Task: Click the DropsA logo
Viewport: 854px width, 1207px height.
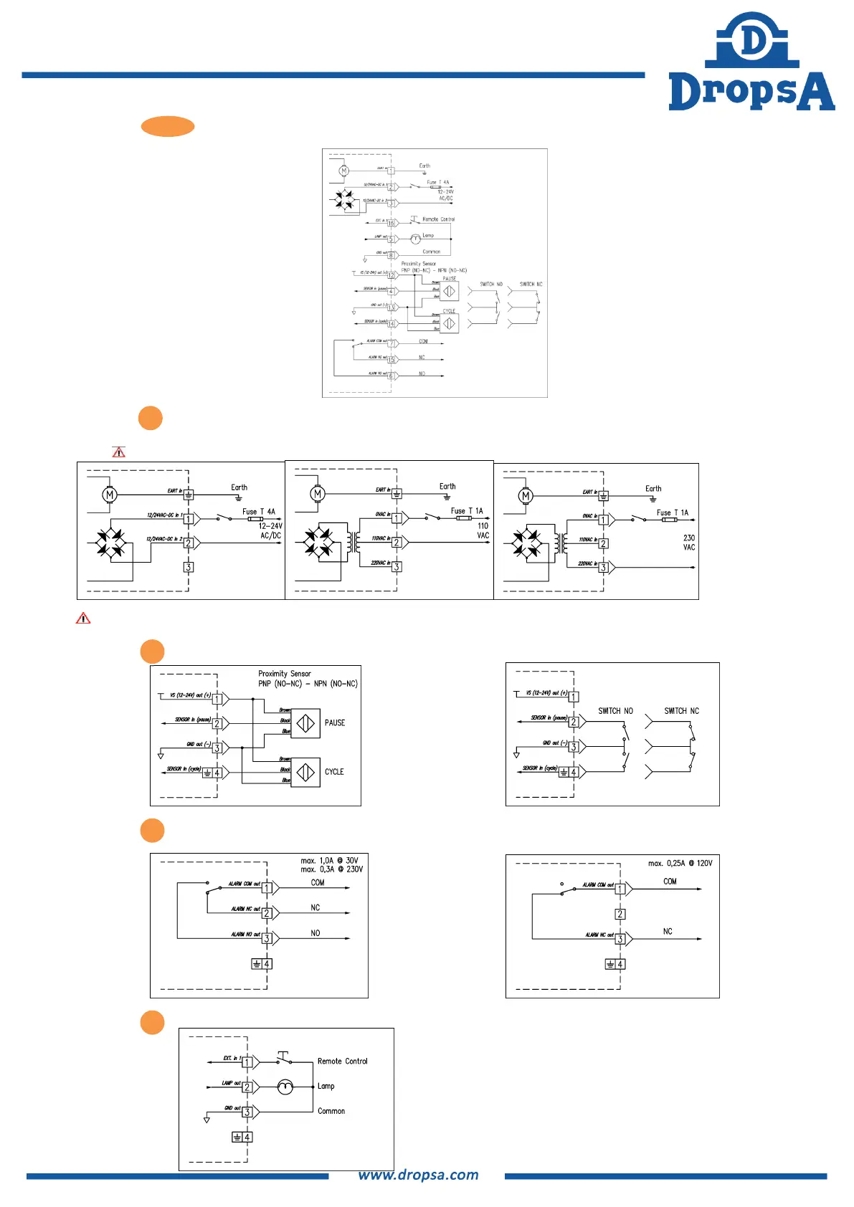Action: point(751,63)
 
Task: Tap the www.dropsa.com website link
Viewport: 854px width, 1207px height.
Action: point(418,1175)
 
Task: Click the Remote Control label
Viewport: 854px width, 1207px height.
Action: point(342,1061)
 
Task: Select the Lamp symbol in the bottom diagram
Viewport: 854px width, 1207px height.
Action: point(285,1087)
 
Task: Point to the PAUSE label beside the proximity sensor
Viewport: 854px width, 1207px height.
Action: point(334,722)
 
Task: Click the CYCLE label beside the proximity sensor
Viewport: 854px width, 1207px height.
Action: point(334,772)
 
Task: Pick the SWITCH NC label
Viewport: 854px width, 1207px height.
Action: point(681,711)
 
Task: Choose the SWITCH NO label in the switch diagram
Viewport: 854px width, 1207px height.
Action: point(615,711)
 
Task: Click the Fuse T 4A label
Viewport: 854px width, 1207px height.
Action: point(258,512)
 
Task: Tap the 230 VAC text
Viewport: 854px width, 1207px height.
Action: point(688,543)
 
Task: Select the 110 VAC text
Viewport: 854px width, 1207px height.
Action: point(483,530)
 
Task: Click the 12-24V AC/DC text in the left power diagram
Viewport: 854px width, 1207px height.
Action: point(270,530)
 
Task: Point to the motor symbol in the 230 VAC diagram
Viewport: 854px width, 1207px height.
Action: point(526,496)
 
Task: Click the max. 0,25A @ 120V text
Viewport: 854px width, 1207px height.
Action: point(680,863)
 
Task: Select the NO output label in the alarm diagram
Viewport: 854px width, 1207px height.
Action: point(315,933)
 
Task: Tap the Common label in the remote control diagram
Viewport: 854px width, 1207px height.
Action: point(331,1111)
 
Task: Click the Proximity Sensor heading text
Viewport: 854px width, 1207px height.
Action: point(285,674)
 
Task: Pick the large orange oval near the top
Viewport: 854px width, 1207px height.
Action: point(168,126)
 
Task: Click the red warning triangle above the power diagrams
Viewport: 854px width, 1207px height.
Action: point(118,452)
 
